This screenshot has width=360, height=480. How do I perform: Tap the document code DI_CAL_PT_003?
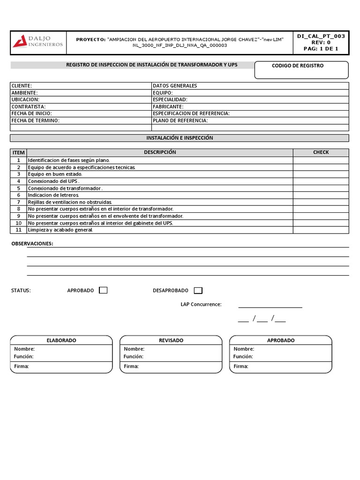pos(321,36)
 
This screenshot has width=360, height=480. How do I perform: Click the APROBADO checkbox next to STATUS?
pos(103,290)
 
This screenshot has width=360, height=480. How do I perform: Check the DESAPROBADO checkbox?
pos(198,290)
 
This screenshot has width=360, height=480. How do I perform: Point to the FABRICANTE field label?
pos(168,107)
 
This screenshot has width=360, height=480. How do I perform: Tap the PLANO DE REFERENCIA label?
pos(180,120)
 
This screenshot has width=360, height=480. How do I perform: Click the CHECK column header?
pos(321,152)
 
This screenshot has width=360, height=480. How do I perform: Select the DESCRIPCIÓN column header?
pos(160,152)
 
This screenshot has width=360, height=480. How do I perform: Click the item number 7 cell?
pos(19,202)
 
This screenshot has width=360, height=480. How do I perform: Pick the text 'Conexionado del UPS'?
pos(53,181)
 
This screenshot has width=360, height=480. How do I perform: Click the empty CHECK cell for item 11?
pos(321,230)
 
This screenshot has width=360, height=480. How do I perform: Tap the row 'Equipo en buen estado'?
pos(55,174)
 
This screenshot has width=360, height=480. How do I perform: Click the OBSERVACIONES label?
pos(32,244)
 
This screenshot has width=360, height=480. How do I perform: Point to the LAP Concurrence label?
pos(201,304)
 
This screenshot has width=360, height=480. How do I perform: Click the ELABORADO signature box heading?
pos(61,340)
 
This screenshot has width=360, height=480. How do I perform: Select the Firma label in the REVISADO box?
pos(131,366)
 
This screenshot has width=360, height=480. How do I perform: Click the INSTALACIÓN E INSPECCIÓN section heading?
pos(180,138)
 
